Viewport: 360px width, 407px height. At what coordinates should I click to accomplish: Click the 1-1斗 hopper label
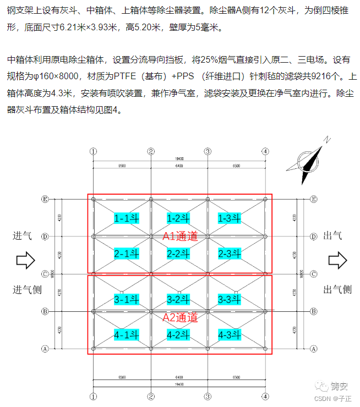(127, 218)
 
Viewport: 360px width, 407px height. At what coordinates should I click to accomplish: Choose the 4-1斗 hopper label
(127, 334)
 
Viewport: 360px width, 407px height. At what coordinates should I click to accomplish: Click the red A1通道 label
(180, 236)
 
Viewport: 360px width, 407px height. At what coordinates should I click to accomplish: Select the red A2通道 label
(180, 317)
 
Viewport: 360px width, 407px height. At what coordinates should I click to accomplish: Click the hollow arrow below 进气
(25, 260)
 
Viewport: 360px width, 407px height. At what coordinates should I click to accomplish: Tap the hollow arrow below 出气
(338, 260)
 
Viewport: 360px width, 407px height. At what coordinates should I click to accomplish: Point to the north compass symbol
(309, 160)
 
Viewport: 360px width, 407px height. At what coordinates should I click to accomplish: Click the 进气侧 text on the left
(27, 289)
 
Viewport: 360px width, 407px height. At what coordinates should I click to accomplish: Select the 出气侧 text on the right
(337, 289)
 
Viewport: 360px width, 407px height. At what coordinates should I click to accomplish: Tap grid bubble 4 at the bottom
(265, 395)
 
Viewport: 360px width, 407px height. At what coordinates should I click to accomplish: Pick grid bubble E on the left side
(46, 199)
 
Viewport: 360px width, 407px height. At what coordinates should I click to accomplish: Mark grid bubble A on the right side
(313, 348)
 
